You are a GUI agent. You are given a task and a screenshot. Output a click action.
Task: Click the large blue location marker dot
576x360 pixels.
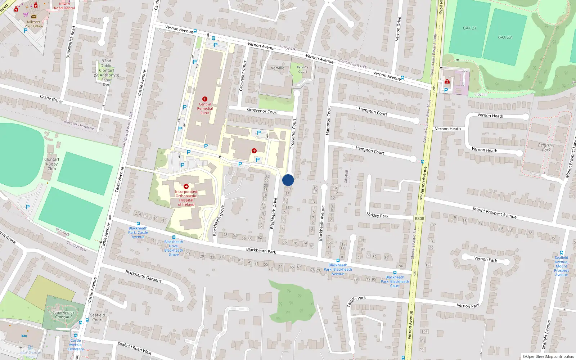288,180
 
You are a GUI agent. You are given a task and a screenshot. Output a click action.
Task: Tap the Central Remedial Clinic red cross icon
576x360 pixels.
205,99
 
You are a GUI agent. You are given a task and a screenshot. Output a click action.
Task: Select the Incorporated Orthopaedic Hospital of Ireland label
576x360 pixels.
186,198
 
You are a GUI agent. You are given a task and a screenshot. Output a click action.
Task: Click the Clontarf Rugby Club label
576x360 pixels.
52,164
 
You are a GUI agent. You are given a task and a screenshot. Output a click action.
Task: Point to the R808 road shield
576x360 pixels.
419,219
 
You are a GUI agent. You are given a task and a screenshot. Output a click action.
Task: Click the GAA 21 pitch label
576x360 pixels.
469,28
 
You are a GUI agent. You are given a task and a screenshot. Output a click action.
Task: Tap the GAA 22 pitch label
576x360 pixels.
505,37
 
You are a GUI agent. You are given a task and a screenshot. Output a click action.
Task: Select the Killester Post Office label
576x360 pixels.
33,24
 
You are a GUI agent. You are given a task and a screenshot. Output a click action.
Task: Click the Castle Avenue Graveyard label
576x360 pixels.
63,315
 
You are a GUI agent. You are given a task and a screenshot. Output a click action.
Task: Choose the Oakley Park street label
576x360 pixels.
378,215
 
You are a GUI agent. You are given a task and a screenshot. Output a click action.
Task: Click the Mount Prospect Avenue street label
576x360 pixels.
495,213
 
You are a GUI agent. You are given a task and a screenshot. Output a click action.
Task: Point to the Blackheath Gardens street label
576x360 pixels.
143,276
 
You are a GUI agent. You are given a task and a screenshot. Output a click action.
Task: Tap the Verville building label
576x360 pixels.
278,68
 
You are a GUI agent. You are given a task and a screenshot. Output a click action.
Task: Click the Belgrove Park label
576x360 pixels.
546,148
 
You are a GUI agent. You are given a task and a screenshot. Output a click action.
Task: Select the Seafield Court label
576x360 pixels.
98,317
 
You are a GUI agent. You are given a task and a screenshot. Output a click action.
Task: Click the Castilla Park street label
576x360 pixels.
356,301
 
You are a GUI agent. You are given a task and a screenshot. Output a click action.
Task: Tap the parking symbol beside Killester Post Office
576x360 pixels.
26,31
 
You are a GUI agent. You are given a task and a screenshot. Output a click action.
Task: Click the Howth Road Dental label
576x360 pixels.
64,6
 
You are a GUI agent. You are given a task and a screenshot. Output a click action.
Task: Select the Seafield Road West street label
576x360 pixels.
135,348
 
